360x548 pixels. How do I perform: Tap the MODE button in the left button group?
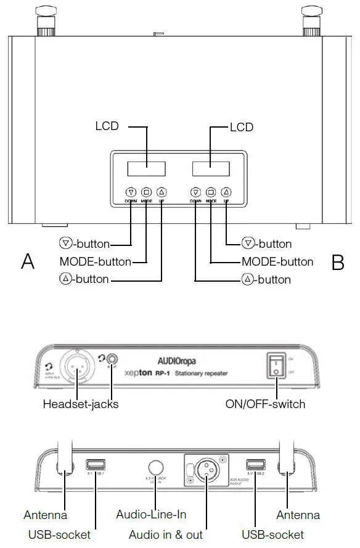pos(146,192)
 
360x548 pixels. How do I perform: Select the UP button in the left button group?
pos(162,192)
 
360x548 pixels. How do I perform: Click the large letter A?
pos(28,262)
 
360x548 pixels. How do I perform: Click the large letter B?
pos(337,263)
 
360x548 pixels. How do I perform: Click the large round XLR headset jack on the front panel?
pos(77,368)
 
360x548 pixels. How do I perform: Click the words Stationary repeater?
pos(201,374)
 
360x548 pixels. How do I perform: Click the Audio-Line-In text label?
pos(151,514)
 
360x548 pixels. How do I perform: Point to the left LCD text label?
pos(107,126)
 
